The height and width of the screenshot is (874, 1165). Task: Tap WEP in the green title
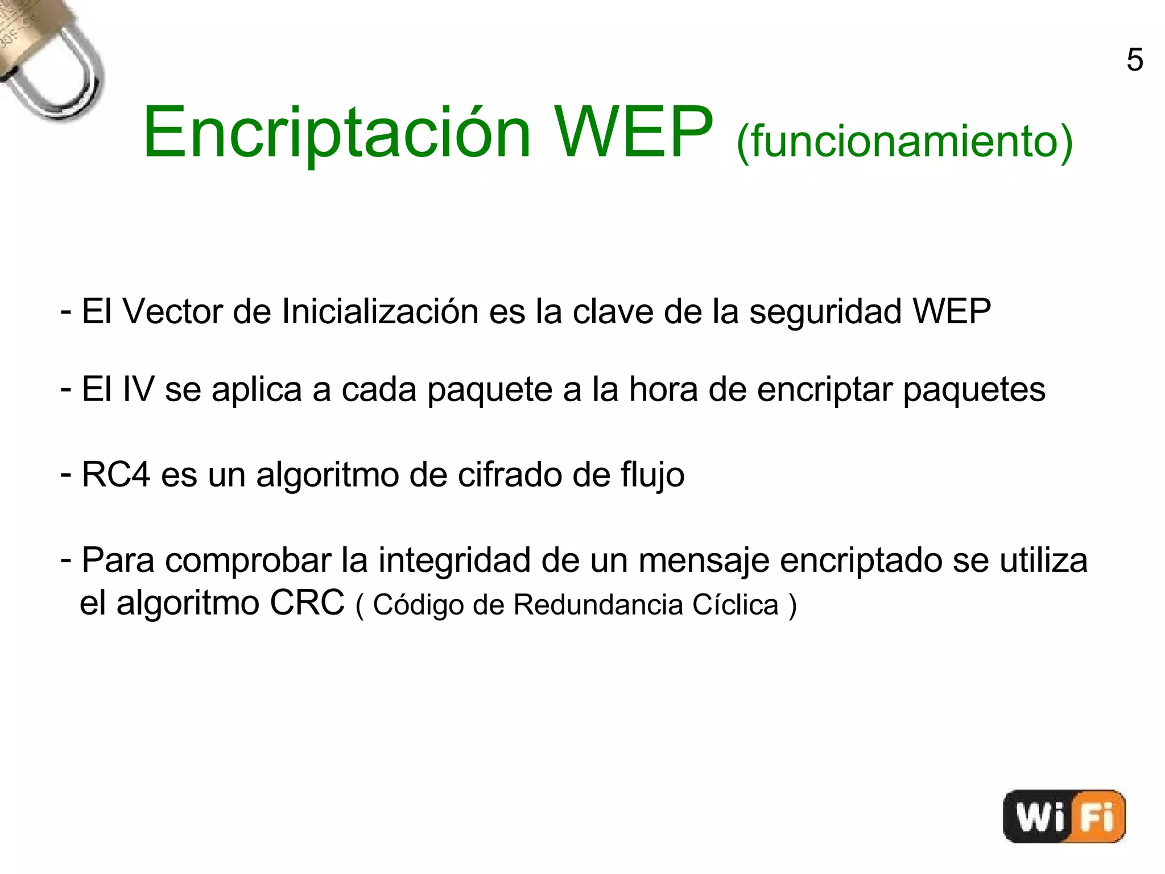tap(633, 133)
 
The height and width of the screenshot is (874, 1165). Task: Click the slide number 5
tap(1134, 60)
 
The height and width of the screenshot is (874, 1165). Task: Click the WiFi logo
tap(1064, 816)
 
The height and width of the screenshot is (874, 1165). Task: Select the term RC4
tap(116, 475)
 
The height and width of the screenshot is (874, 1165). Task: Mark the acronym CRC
tap(307, 603)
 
